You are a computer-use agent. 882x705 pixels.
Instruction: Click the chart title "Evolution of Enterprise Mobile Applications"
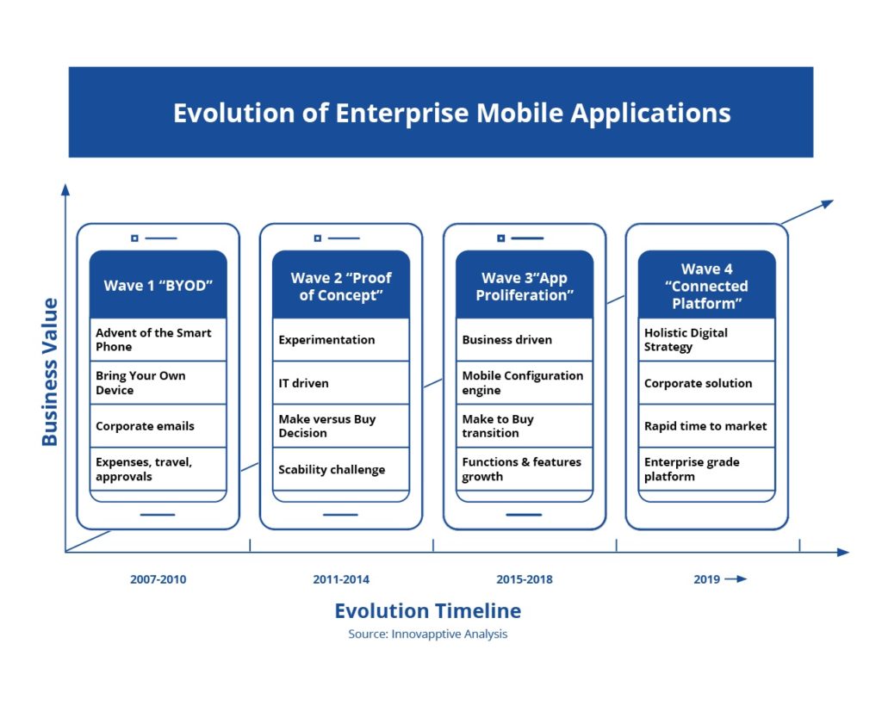(x=451, y=113)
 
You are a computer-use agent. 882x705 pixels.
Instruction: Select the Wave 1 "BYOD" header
(x=158, y=285)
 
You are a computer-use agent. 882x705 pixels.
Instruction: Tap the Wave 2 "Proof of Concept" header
(x=341, y=285)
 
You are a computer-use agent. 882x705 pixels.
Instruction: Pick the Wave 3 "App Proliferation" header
(x=525, y=285)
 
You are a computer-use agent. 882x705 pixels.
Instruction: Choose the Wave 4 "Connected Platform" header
(x=706, y=285)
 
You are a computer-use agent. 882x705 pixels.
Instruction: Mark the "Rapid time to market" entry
(x=706, y=426)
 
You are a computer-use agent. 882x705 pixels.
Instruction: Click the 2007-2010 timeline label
(x=158, y=579)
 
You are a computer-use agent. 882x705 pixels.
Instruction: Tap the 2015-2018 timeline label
(x=525, y=579)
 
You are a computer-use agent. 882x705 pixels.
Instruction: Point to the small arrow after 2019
(x=736, y=578)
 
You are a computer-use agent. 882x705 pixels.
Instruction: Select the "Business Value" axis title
(x=50, y=372)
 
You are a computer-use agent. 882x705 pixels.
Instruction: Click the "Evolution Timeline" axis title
(x=428, y=610)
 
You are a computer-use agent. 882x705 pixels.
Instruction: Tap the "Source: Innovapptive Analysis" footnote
(x=427, y=634)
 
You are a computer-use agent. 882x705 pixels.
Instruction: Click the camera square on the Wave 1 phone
(x=134, y=238)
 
